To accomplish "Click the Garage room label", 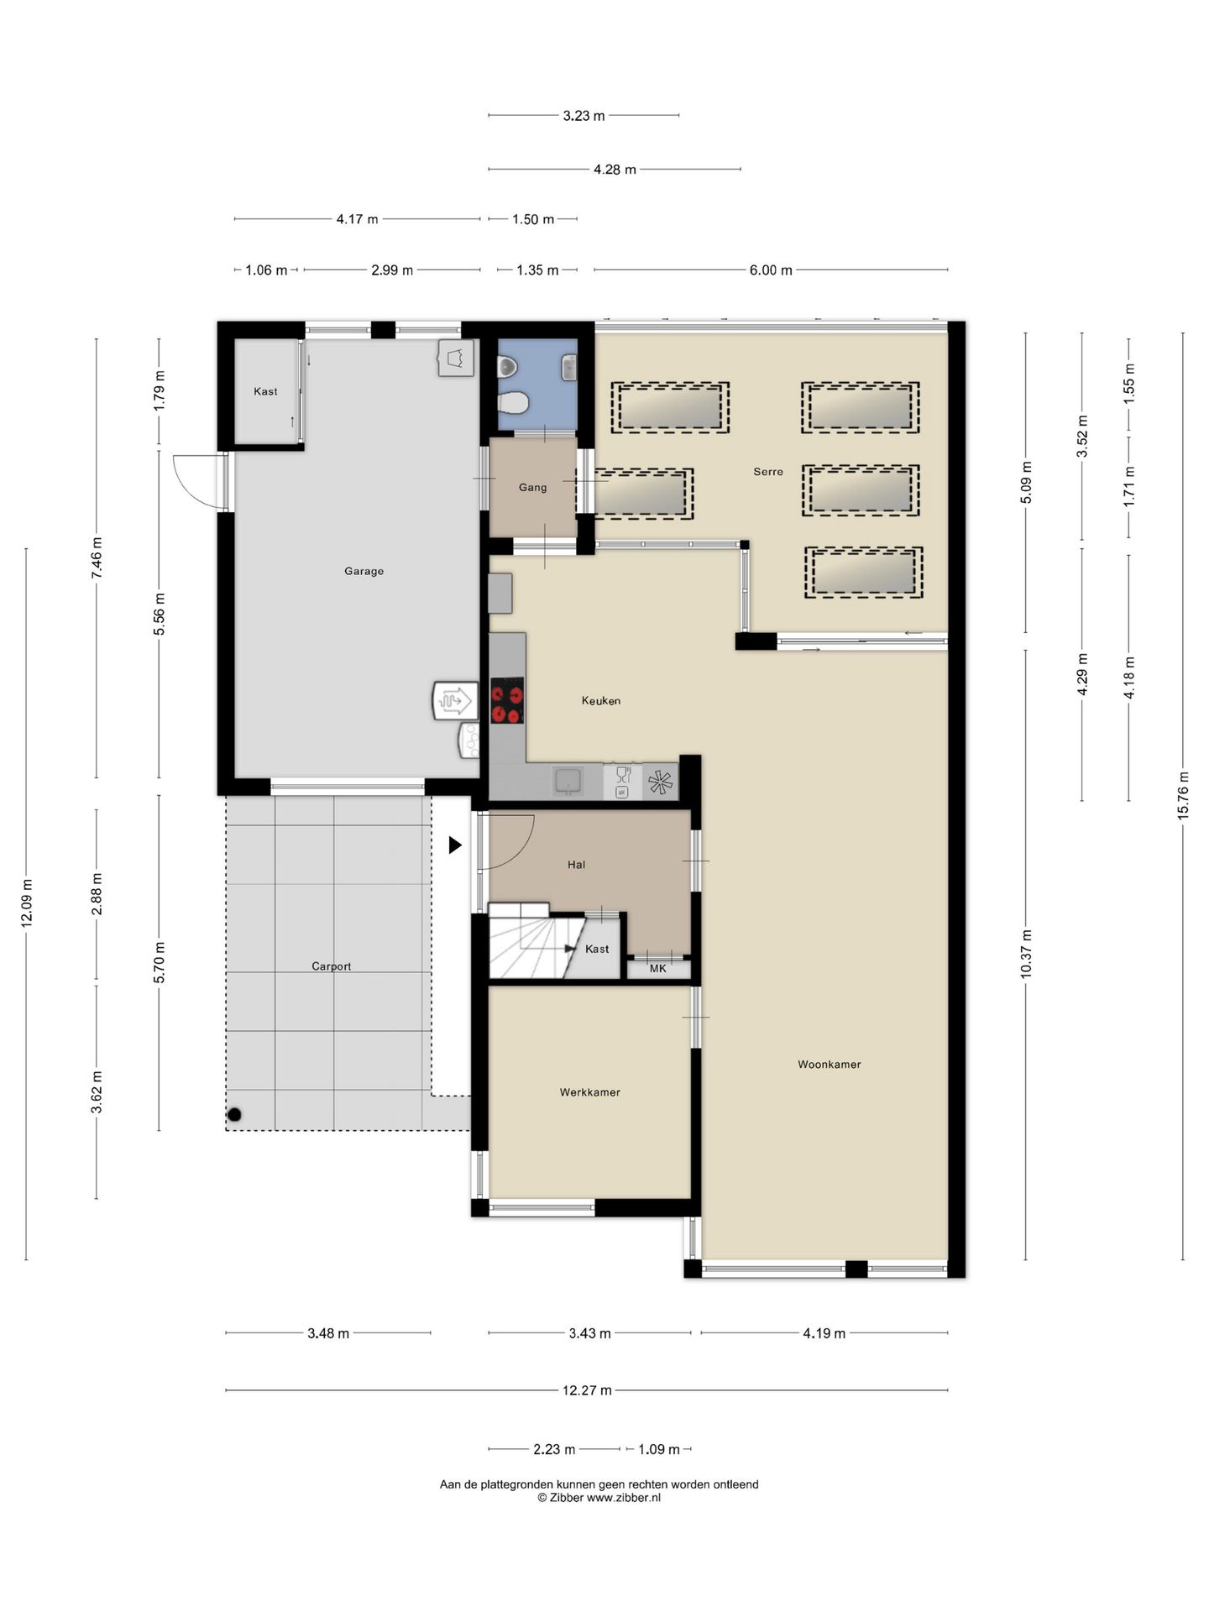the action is point(364,571).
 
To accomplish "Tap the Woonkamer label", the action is point(829,1064).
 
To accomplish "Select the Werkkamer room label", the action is point(589,1092).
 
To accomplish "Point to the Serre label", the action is point(767,472).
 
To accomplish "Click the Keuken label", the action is point(601,700).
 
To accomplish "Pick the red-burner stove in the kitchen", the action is point(507,700).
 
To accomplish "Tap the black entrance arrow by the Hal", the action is point(455,845).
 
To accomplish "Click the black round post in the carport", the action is point(235,1115).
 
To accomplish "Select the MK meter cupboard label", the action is point(658,968).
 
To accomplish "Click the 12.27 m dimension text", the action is point(587,1390).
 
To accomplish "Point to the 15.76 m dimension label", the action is point(1183,795).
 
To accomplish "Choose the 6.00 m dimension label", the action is point(771,270).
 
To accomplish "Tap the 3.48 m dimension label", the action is point(328,1333).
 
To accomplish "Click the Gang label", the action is point(532,487).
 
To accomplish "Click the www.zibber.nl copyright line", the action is point(599,1497).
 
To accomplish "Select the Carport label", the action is point(331,966).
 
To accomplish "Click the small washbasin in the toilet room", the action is point(568,367).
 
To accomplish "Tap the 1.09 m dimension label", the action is point(659,1449).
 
